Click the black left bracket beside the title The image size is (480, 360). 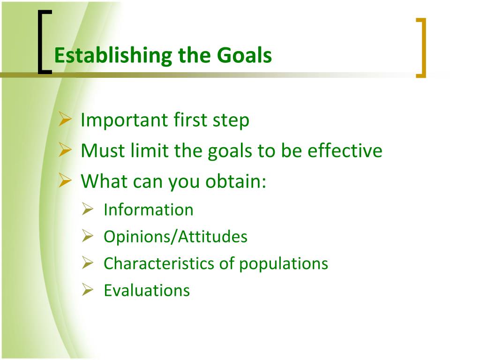click(x=45, y=42)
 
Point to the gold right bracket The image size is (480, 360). click(x=421, y=48)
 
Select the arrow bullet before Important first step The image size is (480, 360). click(x=65, y=119)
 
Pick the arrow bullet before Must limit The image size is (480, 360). click(x=65, y=150)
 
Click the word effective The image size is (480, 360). click(x=345, y=150)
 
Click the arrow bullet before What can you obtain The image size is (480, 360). click(x=65, y=180)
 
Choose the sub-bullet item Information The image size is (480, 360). click(x=149, y=210)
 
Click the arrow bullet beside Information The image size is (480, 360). click(x=88, y=210)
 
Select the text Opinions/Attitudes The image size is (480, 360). click(x=175, y=237)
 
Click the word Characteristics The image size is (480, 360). click(x=159, y=263)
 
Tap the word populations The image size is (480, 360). click(x=284, y=264)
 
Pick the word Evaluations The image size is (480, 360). click(x=147, y=291)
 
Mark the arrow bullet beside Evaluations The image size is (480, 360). click(x=88, y=290)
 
